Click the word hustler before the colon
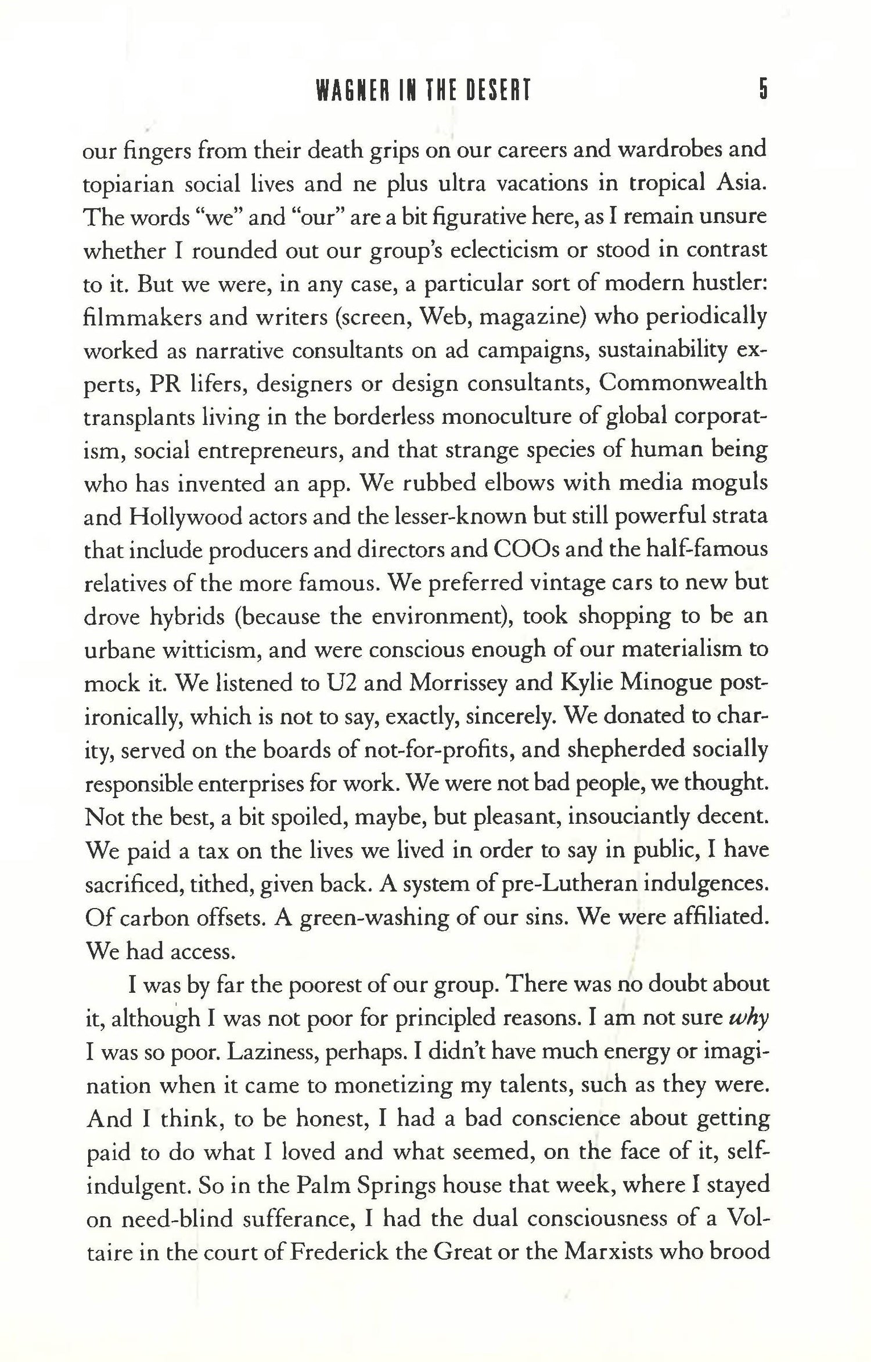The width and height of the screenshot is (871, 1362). tap(727, 284)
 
